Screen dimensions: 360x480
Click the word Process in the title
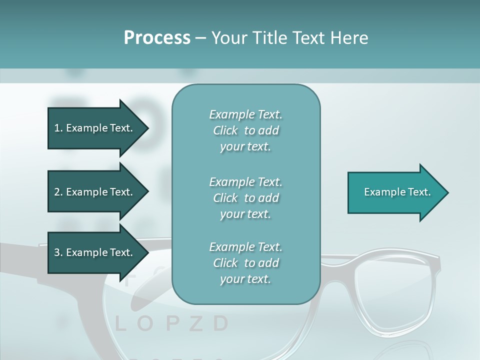click(157, 38)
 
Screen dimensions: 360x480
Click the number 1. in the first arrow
click(58, 128)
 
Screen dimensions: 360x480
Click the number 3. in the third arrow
click(58, 252)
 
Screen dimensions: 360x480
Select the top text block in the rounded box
click(245, 130)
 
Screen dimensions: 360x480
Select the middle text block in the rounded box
click(245, 197)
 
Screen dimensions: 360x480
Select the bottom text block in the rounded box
click(245, 263)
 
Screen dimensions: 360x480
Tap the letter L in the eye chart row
click(120, 324)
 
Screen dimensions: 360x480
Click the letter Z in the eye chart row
click(196, 324)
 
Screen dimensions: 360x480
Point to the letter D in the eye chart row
click(220, 324)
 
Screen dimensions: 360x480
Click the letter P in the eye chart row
click(171, 324)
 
